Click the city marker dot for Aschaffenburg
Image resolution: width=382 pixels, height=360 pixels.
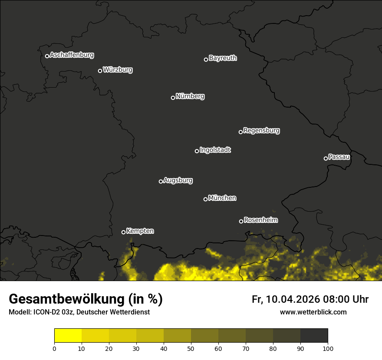[47, 56]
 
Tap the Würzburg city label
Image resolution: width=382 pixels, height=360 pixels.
[118, 70]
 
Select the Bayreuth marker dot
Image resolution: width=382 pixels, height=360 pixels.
[206, 59]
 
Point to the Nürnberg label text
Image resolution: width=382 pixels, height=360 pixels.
[190, 96]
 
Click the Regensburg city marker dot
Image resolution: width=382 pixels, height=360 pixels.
[240, 132]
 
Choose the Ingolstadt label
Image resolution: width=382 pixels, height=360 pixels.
[215, 150]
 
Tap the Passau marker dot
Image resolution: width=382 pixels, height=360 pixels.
[326, 158]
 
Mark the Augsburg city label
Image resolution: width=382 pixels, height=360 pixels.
[178, 180]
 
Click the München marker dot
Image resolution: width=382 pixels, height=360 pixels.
[205, 199]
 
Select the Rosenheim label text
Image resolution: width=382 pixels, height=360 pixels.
[260, 220]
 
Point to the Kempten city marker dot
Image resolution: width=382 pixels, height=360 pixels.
[123, 232]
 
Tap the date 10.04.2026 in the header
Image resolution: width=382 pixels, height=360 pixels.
[293, 299]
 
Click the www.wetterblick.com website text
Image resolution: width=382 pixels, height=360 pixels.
[313, 312]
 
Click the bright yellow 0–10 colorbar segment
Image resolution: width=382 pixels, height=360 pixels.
[68, 336]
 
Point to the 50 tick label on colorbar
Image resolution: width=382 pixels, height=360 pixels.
[191, 348]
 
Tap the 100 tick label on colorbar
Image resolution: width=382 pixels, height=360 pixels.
[328, 348]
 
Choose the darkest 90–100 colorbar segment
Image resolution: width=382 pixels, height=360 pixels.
[314, 336]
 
